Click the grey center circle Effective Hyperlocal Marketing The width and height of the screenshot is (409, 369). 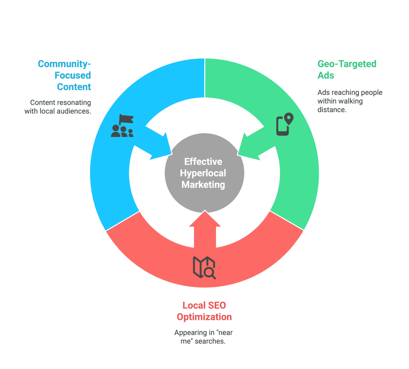[x=204, y=173]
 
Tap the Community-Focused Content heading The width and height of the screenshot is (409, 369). [x=65, y=75]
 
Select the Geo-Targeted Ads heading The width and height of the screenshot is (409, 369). [x=347, y=69]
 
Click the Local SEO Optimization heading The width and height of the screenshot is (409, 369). [x=204, y=311]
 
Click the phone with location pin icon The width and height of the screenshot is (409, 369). [x=285, y=124]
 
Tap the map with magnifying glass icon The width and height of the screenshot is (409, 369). [x=204, y=268]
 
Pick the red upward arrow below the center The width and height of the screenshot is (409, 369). [x=205, y=229]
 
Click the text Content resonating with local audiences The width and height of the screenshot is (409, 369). [x=58, y=107]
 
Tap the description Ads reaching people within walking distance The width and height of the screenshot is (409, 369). [x=350, y=101]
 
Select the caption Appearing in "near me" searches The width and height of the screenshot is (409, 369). [x=204, y=337]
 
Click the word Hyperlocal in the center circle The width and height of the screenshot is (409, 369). [x=203, y=173]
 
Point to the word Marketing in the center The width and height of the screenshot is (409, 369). [x=203, y=184]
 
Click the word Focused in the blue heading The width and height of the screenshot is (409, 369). [x=73, y=75]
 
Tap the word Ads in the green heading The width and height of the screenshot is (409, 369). [x=326, y=75]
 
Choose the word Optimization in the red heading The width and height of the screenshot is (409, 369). [x=204, y=317]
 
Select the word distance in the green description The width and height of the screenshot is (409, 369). [x=332, y=110]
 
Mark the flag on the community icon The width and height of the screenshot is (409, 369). [x=126, y=119]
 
